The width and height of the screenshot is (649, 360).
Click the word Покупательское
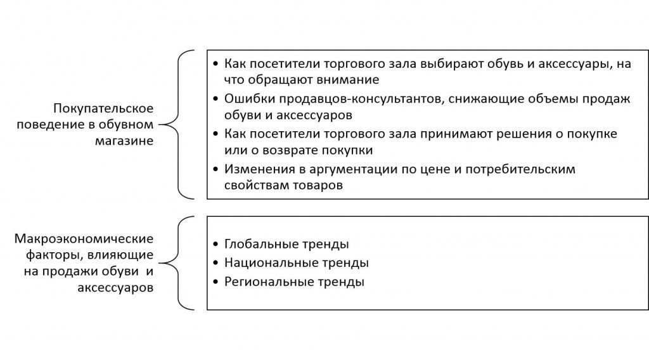(103, 109)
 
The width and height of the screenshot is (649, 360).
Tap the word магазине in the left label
(124, 141)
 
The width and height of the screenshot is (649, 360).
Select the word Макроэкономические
(84, 239)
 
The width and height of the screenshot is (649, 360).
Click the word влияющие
(120, 255)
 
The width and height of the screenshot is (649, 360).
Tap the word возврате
(295, 151)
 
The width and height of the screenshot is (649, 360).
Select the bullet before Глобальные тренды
(215, 244)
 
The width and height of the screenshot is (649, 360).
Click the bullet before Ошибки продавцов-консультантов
(215, 100)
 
